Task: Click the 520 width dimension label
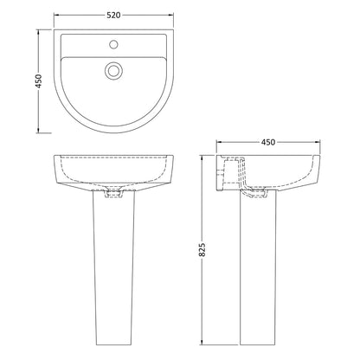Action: pyautogui.click(x=113, y=16)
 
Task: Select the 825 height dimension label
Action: pyautogui.click(x=202, y=249)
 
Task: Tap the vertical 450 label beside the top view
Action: pyautogui.click(x=38, y=81)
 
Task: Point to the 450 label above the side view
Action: pyautogui.click(x=268, y=142)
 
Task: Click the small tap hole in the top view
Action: pyautogui.click(x=113, y=44)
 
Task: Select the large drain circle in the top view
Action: pyautogui.click(x=113, y=70)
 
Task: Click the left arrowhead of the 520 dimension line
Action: pyautogui.click(x=56, y=16)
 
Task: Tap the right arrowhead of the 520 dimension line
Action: pyautogui.click(x=171, y=16)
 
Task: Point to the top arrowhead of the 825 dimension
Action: pyautogui.click(x=202, y=157)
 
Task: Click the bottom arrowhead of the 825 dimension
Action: pyautogui.click(x=202, y=342)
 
